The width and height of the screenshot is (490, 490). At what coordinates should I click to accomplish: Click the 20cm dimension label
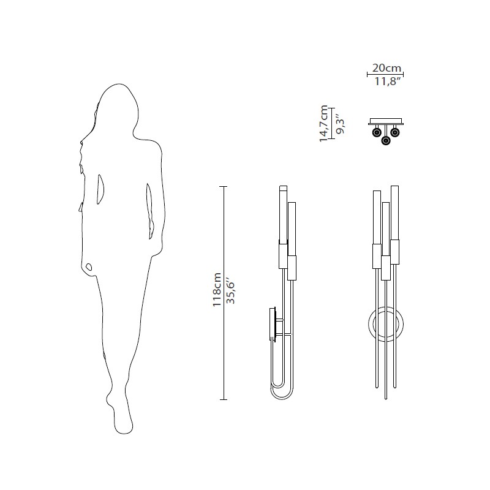[386, 67]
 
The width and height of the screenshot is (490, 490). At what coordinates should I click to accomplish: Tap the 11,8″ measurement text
[388, 82]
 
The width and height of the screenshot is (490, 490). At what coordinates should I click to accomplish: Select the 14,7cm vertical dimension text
[324, 124]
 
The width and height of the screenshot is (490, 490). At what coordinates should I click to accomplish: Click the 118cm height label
[217, 290]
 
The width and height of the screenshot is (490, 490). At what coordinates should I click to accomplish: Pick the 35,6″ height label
[230, 293]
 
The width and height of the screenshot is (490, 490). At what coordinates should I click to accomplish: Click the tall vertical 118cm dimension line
[223, 293]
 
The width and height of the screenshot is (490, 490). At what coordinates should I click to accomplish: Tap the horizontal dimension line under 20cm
[385, 74]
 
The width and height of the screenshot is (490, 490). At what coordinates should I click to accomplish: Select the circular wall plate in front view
[369, 324]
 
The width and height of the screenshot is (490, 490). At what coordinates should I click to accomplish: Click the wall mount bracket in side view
[273, 323]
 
